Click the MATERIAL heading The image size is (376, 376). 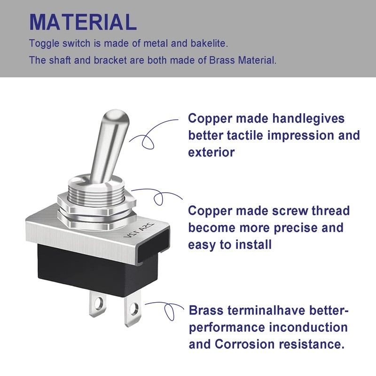pos(83,22)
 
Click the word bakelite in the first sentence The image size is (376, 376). pos(209,43)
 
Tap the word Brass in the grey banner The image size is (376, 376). pos(221,60)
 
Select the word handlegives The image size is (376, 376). pos(308,119)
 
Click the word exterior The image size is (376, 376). pos(211,152)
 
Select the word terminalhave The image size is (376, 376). pos(266,310)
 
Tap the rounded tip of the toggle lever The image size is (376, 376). pos(117,116)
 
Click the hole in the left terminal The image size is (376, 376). pos(98,304)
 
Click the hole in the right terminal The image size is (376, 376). pos(134,308)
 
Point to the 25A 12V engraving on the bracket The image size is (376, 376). pos(139,230)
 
